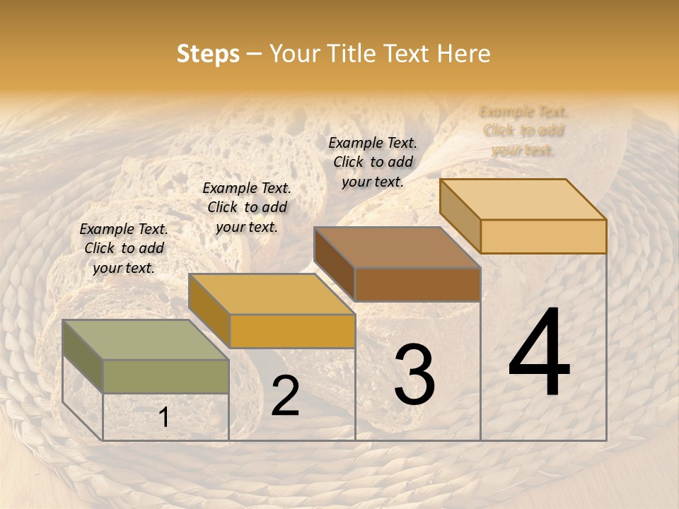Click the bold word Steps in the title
click(x=207, y=54)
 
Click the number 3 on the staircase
click(x=414, y=375)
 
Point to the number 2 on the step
click(x=285, y=396)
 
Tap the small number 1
click(x=164, y=418)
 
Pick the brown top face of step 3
click(x=397, y=247)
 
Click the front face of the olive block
click(x=166, y=376)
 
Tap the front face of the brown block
click(x=417, y=284)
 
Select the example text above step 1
click(x=124, y=248)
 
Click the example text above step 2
click(x=247, y=207)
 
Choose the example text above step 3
click(x=373, y=162)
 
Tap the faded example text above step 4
click(x=523, y=131)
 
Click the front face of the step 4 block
click(x=543, y=236)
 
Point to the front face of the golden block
click(x=292, y=331)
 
